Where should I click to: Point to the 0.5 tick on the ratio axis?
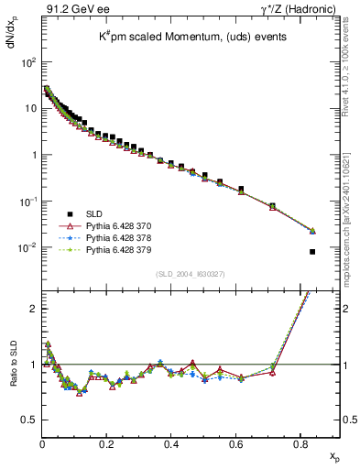coord(27,420)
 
